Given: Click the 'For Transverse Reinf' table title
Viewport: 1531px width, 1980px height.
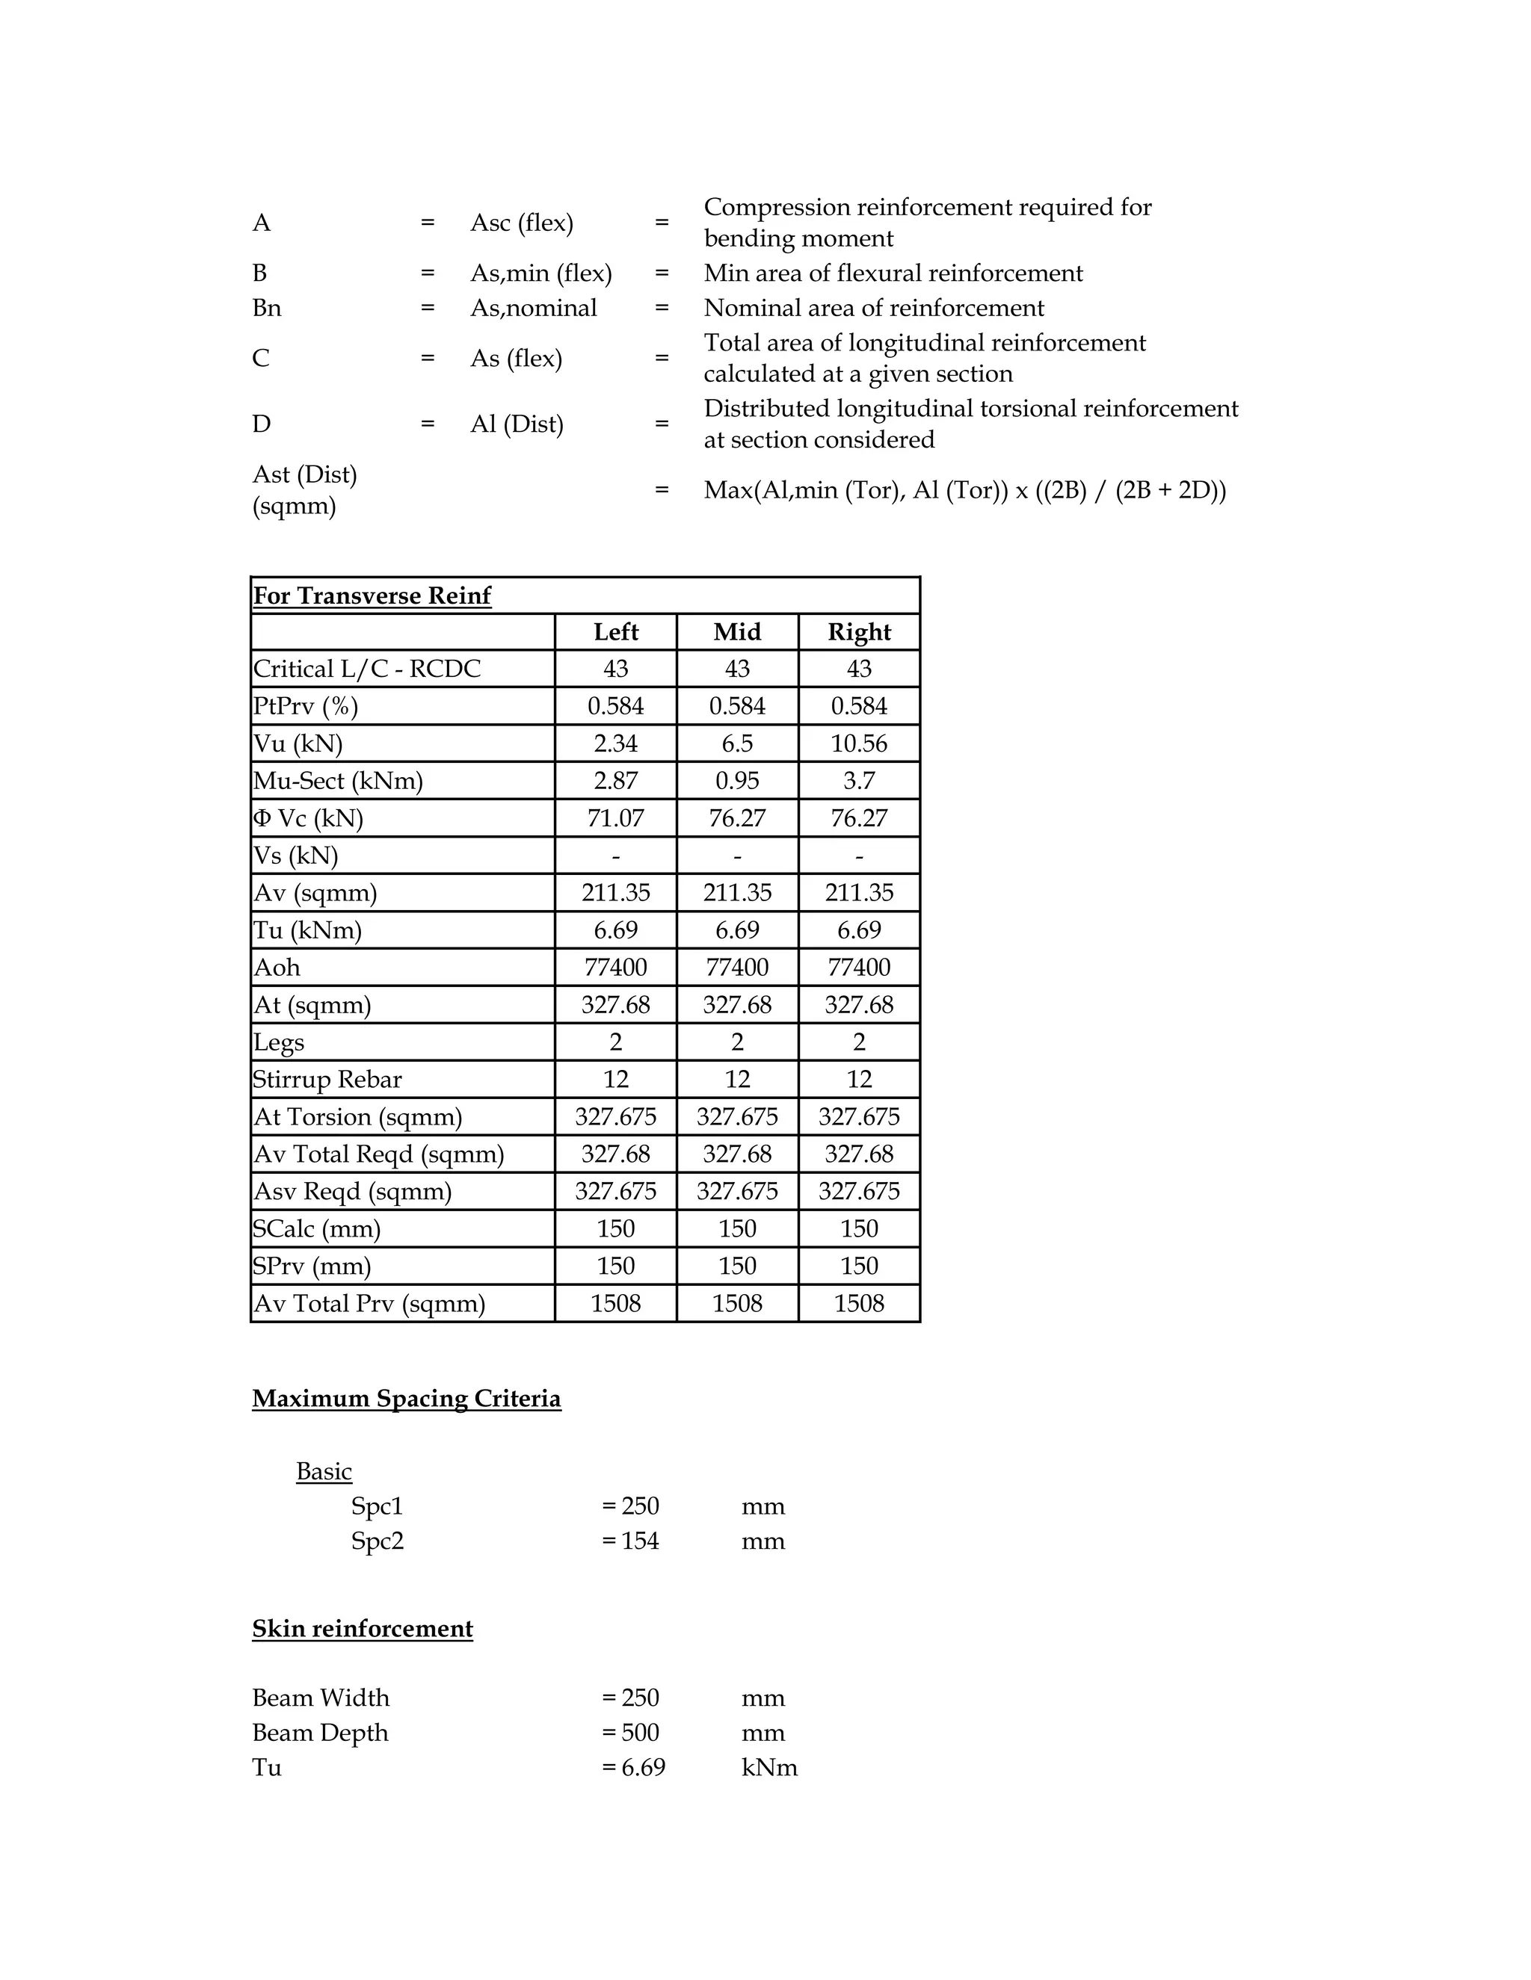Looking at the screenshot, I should click(372, 595).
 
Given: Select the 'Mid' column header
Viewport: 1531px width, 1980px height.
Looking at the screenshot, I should click(736, 632).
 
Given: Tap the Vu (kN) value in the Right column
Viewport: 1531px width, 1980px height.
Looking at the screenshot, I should click(858, 743).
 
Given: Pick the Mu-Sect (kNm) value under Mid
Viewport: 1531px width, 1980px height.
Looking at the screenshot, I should click(736, 781).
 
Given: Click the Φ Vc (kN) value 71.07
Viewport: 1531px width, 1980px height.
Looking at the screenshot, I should click(615, 817).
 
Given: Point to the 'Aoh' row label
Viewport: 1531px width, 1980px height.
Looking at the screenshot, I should click(277, 968).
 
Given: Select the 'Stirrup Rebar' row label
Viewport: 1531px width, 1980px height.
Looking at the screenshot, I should click(327, 1079).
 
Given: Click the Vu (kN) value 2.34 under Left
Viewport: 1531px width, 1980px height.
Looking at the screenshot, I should click(615, 743).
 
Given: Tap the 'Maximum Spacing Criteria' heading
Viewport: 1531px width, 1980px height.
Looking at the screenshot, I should click(407, 1398).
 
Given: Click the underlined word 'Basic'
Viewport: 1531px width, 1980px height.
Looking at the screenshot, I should click(324, 1470).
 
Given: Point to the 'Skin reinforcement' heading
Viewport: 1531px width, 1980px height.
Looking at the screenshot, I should click(362, 1628).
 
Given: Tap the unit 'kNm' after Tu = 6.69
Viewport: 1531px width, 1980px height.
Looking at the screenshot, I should click(769, 1767).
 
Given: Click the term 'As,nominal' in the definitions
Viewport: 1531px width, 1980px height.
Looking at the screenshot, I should click(533, 309).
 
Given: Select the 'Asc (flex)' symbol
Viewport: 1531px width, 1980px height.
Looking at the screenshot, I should click(522, 223).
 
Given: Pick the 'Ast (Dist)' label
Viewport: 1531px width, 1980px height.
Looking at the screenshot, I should click(305, 474).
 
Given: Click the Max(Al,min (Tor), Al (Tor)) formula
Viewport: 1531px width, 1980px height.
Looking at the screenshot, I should click(964, 490).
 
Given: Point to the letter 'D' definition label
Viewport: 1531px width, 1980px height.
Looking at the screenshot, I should click(261, 424).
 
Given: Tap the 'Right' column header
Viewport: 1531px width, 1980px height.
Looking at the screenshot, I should click(858, 632).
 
